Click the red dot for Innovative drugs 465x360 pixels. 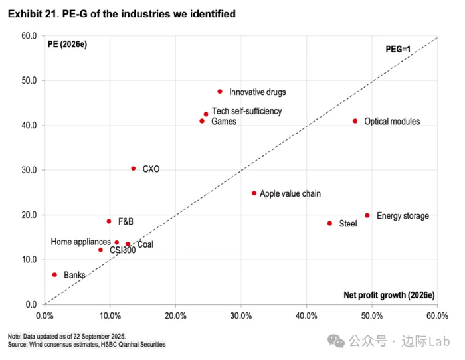click(x=220, y=92)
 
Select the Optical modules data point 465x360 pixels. click(x=355, y=121)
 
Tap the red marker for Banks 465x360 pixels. click(x=54, y=274)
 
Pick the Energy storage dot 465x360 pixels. click(x=367, y=215)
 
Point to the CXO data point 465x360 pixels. click(x=134, y=169)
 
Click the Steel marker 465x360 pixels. click(x=329, y=223)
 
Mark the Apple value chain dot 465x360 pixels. click(x=254, y=193)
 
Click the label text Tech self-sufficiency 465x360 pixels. click(x=246, y=112)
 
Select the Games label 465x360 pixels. click(x=223, y=122)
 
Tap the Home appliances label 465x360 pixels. click(x=80, y=242)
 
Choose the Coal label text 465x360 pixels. click(x=145, y=245)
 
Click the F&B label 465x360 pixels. click(x=126, y=221)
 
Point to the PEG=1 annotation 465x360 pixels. click(x=401, y=48)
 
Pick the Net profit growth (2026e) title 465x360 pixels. click(x=389, y=295)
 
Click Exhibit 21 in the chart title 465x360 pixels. click(x=31, y=13)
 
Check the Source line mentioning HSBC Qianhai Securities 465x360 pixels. click(x=86, y=345)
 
